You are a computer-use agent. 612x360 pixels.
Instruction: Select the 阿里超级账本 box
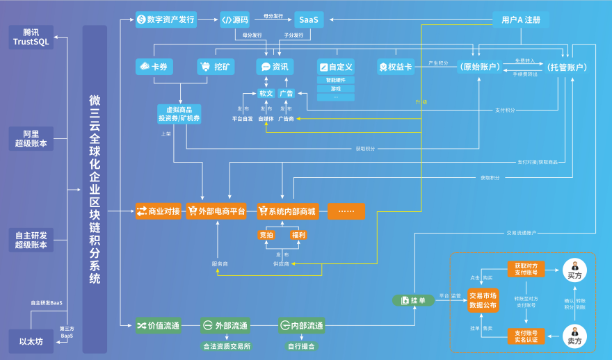tap(35, 138)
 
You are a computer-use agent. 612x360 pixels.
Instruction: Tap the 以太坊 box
tap(31, 341)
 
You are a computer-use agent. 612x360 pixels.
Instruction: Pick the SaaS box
tap(308, 19)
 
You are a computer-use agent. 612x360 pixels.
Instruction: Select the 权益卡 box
tap(395, 67)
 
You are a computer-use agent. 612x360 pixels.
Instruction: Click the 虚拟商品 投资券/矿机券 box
tap(179, 114)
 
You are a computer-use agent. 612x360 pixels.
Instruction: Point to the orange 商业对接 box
tap(159, 211)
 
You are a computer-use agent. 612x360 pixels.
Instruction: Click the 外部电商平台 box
tap(216, 211)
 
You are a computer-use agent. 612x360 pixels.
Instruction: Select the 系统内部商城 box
tap(287, 211)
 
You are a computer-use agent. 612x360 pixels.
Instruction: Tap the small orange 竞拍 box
tap(266, 236)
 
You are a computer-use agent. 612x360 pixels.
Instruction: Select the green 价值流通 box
tap(159, 325)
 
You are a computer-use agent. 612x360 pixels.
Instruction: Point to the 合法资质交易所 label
tap(226, 346)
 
